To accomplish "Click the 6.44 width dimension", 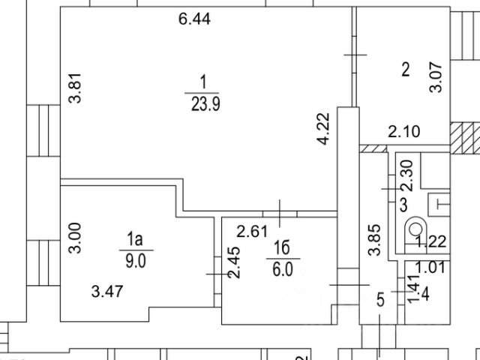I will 193,20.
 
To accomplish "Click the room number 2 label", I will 405,70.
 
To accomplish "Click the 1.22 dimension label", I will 431,241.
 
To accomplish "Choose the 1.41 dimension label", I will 411,289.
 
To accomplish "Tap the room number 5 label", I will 380,301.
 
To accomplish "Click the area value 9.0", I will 135,263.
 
